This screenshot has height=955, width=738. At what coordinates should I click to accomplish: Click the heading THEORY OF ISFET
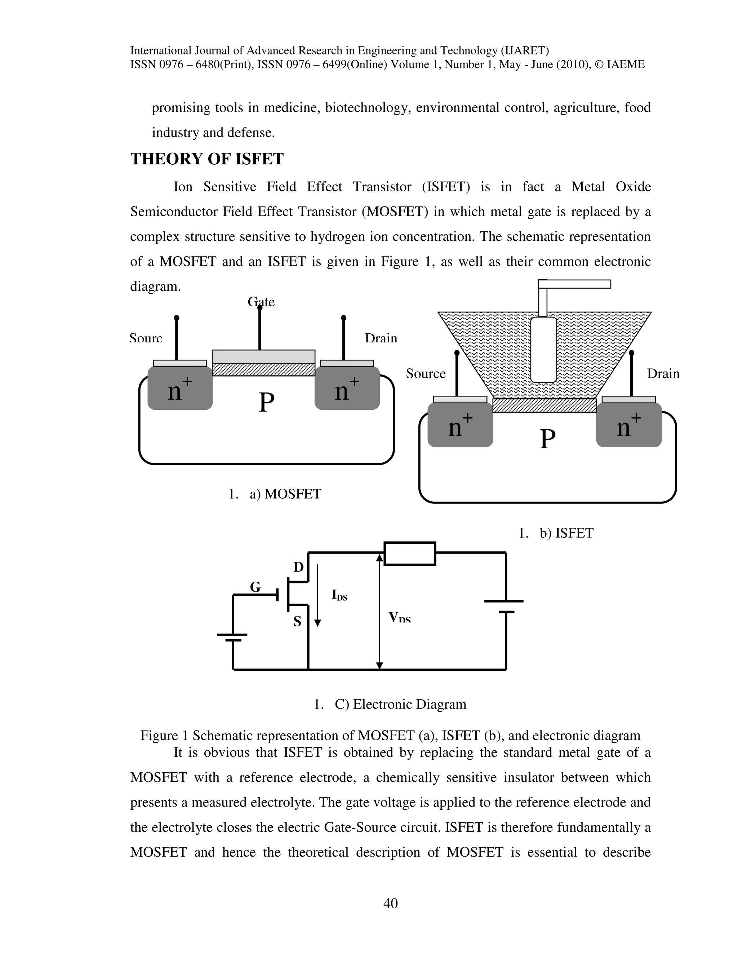click(207, 159)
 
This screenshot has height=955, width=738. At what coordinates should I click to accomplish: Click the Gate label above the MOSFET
click(261, 302)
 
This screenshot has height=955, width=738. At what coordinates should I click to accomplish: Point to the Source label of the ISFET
click(426, 373)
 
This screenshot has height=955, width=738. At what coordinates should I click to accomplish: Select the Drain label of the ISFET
click(663, 373)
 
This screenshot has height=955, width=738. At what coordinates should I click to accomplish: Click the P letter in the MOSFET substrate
click(267, 402)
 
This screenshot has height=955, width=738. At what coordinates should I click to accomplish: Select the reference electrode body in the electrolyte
click(543, 350)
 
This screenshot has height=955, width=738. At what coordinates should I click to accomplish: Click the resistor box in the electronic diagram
click(410, 554)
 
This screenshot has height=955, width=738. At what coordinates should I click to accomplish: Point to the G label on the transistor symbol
click(255, 587)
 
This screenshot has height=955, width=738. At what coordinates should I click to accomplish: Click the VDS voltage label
click(399, 617)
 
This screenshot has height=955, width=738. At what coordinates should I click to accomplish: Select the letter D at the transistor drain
click(298, 568)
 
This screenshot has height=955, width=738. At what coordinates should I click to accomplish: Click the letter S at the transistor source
click(297, 621)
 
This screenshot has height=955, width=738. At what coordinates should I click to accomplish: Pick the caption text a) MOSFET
click(285, 494)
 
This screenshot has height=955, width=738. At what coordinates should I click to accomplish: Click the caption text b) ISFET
click(566, 533)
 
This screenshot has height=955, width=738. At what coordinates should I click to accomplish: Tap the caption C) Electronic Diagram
click(400, 704)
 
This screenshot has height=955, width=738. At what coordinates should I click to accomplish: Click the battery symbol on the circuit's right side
click(504, 607)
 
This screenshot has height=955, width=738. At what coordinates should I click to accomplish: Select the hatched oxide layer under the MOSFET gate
click(263, 369)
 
